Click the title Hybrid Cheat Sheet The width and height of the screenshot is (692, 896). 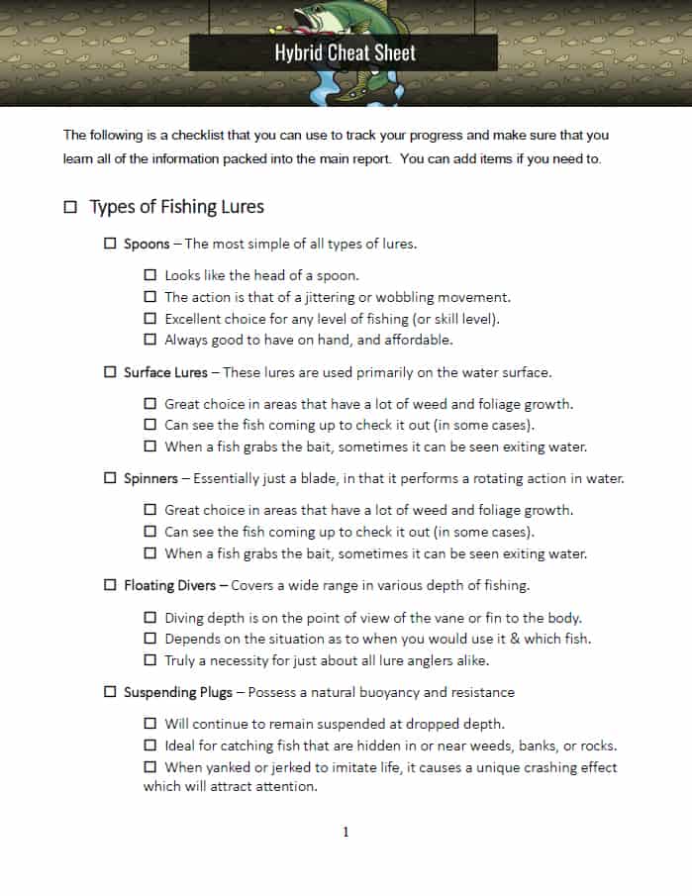(346, 52)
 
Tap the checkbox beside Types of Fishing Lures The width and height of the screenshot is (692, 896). (70, 207)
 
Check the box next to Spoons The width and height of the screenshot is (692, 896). (110, 244)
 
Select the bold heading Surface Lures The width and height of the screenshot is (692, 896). (165, 372)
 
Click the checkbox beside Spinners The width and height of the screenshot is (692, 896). (110, 478)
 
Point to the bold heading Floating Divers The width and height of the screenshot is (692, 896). (172, 585)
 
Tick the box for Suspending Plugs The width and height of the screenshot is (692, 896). (110, 692)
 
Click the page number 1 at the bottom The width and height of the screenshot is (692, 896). (346, 832)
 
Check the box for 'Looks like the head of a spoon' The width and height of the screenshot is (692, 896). (150, 275)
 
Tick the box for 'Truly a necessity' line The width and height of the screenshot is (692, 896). (150, 659)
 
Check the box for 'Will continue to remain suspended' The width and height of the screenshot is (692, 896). (150, 724)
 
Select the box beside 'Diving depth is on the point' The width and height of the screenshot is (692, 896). (150, 617)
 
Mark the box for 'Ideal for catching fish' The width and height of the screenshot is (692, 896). (150, 746)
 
